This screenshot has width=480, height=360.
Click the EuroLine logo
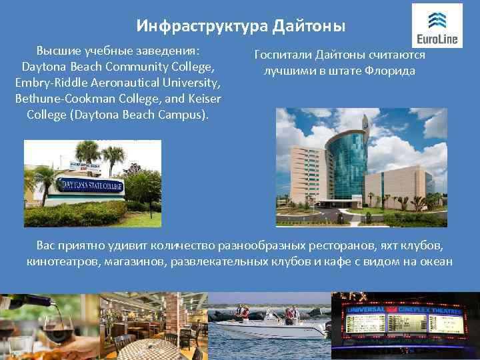click(437, 25)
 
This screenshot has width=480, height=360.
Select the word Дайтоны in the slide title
click(309, 26)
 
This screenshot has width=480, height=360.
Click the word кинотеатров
click(63, 261)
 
